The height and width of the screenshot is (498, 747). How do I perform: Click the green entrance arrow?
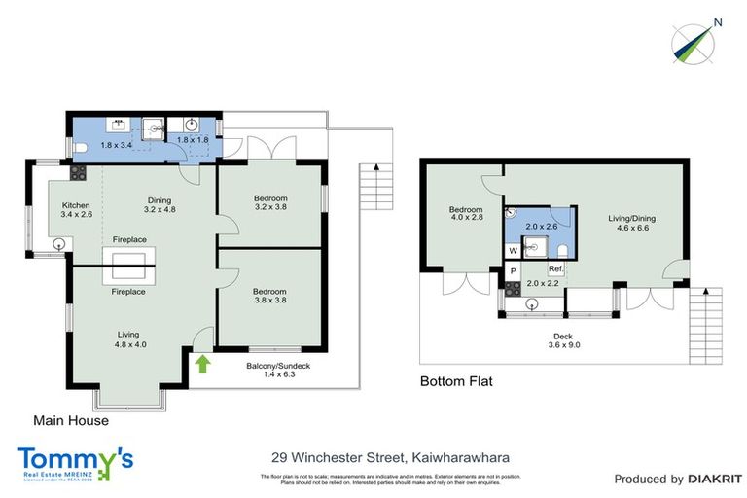(202, 365)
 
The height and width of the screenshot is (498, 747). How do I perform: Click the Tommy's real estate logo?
(75, 461)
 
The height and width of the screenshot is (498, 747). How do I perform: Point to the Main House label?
(71, 421)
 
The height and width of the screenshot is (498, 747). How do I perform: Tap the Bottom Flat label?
(456, 381)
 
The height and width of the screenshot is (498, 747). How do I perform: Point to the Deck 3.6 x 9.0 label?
(564, 340)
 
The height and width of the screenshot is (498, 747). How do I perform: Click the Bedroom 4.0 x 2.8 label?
(466, 215)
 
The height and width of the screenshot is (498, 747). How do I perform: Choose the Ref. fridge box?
(556, 268)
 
